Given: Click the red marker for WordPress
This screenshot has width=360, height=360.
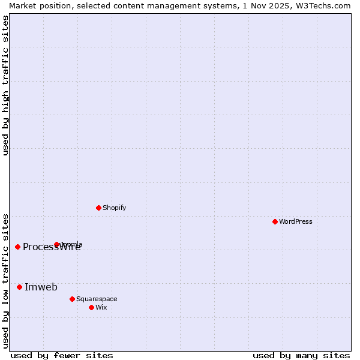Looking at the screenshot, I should [275, 221].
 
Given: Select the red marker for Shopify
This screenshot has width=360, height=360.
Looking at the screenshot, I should [98, 208].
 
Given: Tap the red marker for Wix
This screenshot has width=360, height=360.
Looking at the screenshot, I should [91, 307].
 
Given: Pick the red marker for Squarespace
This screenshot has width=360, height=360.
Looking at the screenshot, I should [72, 299].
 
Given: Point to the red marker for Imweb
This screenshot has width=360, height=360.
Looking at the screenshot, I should [19, 287].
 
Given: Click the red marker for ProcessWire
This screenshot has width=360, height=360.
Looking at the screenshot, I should [17, 247].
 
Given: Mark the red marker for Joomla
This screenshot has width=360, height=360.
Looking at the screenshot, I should [57, 244].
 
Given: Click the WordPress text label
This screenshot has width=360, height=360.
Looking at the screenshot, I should [296, 221].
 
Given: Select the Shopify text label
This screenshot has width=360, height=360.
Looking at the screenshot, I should [115, 208].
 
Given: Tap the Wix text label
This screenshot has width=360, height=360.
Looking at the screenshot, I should [101, 307].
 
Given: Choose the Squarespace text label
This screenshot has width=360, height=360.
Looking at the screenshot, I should [97, 299].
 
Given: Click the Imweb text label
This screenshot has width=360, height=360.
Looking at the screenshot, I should [41, 287].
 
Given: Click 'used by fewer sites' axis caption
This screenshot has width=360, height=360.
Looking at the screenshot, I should [62, 355].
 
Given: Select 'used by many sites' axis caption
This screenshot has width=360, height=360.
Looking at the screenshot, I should [301, 355].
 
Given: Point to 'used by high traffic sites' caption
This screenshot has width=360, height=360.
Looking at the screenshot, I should [5, 85].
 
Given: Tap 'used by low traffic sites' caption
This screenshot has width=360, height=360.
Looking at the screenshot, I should [5, 281].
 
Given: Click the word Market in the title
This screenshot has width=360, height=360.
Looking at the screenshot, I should [23, 5].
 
